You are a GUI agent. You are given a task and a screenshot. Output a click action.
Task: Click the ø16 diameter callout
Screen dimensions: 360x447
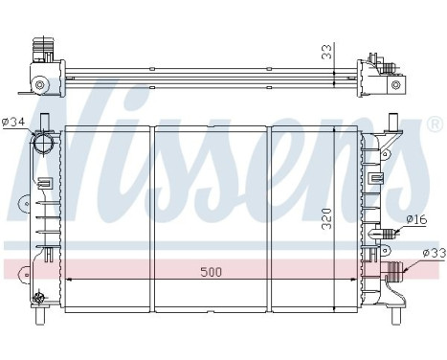tap(415, 219)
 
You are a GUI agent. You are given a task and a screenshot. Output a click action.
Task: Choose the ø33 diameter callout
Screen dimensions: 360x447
tap(431, 253)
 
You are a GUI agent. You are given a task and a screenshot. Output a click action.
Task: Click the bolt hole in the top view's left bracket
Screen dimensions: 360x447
tap(40, 86)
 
